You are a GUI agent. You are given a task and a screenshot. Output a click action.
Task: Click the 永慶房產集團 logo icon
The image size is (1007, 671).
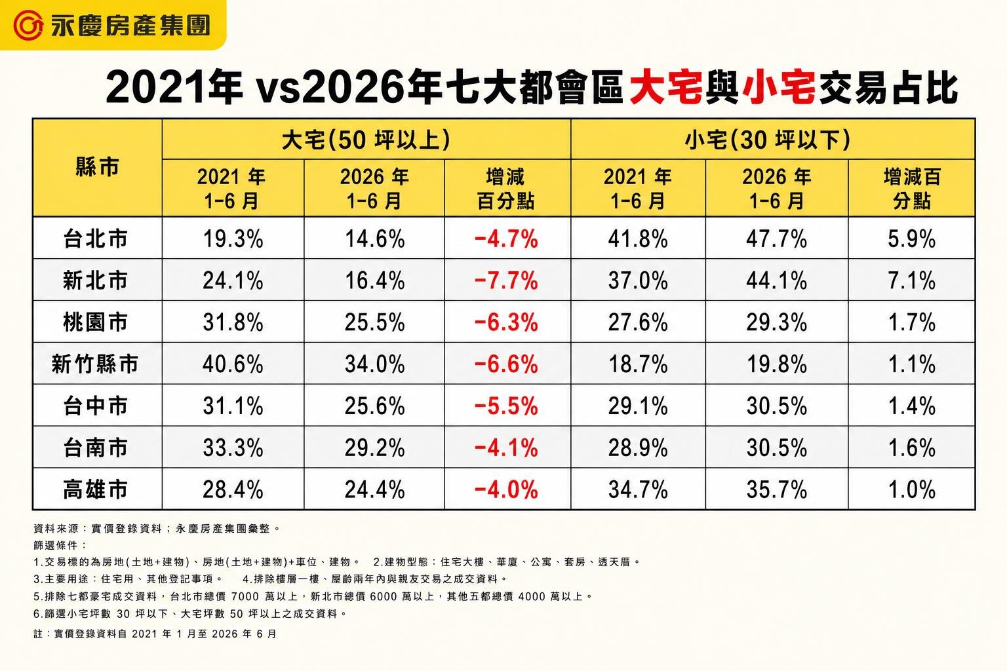(x=28, y=25)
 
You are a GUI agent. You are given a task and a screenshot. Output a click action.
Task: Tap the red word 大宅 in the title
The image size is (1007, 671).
(x=666, y=87)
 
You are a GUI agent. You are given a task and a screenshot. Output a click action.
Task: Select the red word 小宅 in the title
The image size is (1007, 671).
(x=779, y=87)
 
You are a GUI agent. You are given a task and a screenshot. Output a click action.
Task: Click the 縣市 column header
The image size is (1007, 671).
(x=97, y=167)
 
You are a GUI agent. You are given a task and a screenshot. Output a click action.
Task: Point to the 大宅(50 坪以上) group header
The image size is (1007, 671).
(x=366, y=140)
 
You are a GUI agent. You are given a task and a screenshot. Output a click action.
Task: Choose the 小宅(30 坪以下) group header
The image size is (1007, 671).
(x=768, y=140)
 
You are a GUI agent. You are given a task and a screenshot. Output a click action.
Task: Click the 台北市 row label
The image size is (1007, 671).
(x=95, y=239)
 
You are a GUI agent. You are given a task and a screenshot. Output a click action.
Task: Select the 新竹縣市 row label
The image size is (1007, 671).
(x=95, y=364)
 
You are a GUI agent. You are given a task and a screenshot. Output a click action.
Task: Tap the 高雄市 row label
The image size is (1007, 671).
(x=95, y=489)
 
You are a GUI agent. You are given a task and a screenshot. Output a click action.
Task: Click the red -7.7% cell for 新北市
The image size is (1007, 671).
(x=506, y=280)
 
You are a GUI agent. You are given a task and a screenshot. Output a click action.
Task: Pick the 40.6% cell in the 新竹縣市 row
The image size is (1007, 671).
(x=233, y=364)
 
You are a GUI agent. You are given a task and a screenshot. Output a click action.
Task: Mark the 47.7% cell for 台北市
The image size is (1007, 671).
(x=776, y=239)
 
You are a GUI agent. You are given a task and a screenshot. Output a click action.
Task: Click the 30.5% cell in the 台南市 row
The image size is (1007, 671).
(x=776, y=448)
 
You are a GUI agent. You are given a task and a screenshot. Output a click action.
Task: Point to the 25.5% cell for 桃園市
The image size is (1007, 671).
(x=374, y=322)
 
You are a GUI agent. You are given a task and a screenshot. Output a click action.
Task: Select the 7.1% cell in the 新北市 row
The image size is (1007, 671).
(x=912, y=280)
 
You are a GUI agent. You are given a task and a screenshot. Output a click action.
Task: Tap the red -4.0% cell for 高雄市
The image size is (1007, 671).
(x=506, y=489)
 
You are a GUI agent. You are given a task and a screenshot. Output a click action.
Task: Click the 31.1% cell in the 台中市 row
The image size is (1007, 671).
(x=233, y=406)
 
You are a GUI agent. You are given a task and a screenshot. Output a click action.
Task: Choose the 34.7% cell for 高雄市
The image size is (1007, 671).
(x=638, y=489)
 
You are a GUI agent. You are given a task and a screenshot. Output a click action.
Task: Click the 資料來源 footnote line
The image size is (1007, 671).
(x=157, y=529)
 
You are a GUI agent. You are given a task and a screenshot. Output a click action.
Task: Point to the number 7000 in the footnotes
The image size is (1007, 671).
(x=245, y=596)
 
